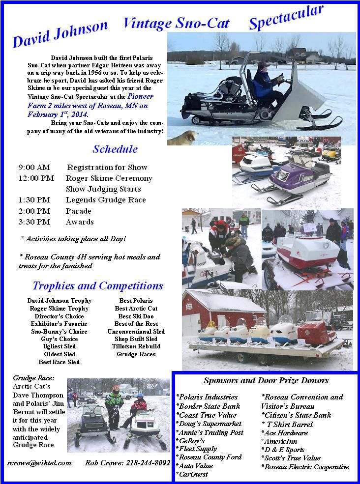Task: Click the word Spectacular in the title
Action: click(286, 18)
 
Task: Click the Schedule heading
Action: click(115, 149)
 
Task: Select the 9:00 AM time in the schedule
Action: click(34, 168)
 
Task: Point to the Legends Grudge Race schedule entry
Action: click(105, 200)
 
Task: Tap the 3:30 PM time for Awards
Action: click(34, 222)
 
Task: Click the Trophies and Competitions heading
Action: click(98, 285)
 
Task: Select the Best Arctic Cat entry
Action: click(136, 309)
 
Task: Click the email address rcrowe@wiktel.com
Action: click(39, 463)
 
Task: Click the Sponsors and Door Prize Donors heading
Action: click(266, 380)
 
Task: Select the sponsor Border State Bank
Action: click(209, 406)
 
